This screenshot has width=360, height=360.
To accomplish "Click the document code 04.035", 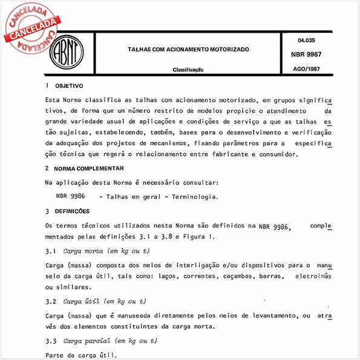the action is [306, 41].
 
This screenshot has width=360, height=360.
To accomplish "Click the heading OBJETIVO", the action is [69, 86].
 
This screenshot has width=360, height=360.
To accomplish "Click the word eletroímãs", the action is [313, 276].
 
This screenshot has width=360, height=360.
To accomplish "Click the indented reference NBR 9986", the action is [70, 197].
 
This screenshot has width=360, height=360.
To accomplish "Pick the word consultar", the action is [198, 182].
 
